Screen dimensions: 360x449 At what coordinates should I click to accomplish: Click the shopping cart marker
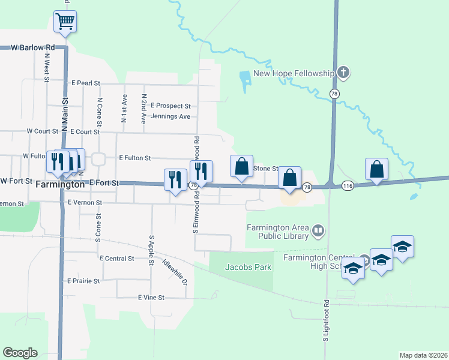[x=65, y=23]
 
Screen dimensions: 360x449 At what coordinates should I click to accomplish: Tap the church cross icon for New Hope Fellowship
[x=343, y=73]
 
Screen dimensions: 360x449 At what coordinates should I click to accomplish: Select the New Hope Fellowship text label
[x=293, y=73]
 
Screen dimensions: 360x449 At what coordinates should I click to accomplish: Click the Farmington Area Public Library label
[x=278, y=232]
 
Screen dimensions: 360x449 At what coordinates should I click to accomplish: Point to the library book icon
[x=318, y=230]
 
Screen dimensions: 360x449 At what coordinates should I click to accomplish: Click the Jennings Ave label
[x=170, y=116]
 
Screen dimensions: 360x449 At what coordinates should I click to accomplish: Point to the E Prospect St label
[x=170, y=106]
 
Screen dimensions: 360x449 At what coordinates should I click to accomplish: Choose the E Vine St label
[x=151, y=298]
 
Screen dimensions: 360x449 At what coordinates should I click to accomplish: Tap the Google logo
[x=20, y=353]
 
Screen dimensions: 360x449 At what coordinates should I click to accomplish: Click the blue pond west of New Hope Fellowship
[x=244, y=81]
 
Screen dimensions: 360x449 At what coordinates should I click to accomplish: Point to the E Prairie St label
[x=83, y=281]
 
